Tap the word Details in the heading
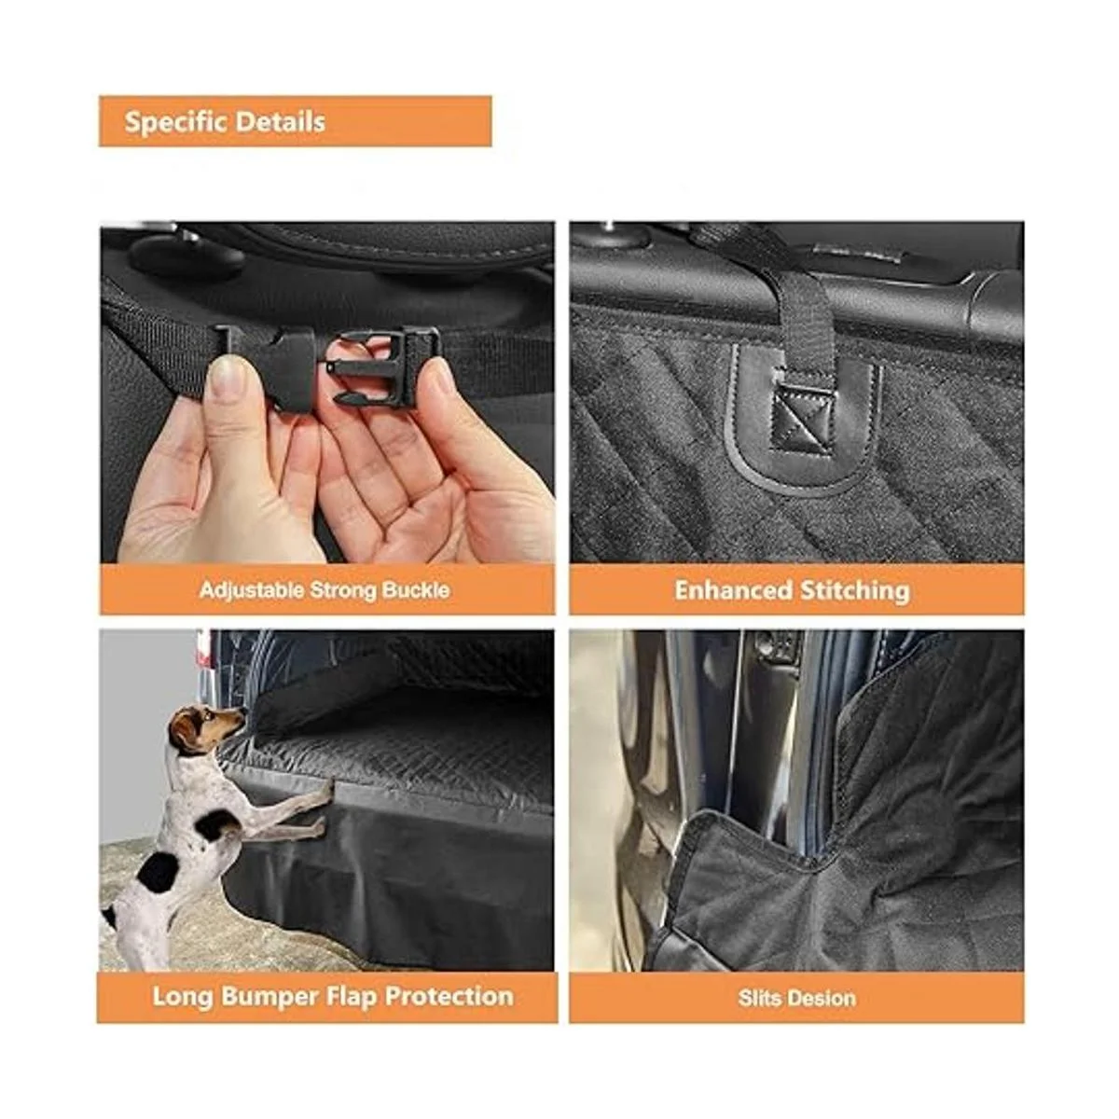(x=281, y=122)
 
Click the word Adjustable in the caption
(x=252, y=590)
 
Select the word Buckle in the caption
(x=416, y=590)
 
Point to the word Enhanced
(x=734, y=590)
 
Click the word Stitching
(x=855, y=591)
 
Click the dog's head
(x=202, y=729)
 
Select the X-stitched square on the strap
(x=802, y=416)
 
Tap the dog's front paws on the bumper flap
(x=323, y=808)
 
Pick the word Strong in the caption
(x=343, y=591)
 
